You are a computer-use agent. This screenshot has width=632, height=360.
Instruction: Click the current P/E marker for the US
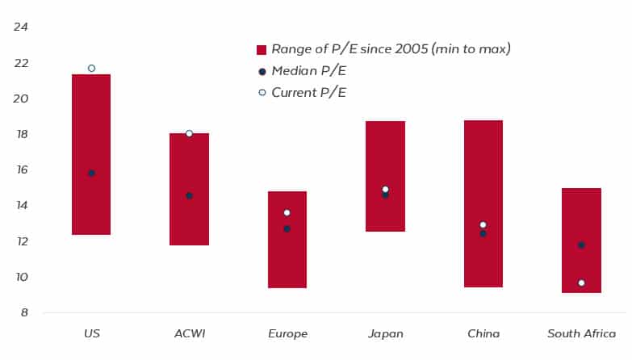[91, 69]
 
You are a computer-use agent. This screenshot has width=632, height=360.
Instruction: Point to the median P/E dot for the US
[91, 174]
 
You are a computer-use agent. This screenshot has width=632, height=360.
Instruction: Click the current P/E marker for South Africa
[581, 283]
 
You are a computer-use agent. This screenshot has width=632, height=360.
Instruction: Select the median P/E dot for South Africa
[581, 245]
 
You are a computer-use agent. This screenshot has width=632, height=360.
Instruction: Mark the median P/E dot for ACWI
[189, 195]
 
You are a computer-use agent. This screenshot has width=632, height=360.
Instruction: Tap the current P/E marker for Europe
[287, 213]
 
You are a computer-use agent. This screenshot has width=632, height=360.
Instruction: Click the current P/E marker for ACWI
[189, 133]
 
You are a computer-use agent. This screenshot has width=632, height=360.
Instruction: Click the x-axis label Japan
[385, 333]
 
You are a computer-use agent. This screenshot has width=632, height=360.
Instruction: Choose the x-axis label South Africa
[581, 333]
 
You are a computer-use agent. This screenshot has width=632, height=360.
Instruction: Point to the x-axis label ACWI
[189, 333]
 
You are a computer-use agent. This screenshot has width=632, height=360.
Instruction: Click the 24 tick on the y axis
[21, 27]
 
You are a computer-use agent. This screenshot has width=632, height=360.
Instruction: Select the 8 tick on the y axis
[24, 313]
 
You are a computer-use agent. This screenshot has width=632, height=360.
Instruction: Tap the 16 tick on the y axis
[21, 170]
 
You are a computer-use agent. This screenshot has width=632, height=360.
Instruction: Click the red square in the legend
[262, 50]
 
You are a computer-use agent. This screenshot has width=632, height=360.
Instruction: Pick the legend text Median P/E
[308, 71]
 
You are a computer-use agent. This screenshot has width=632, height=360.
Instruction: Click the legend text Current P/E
[308, 93]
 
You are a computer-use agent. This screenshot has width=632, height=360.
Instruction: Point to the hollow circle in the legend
[262, 93]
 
